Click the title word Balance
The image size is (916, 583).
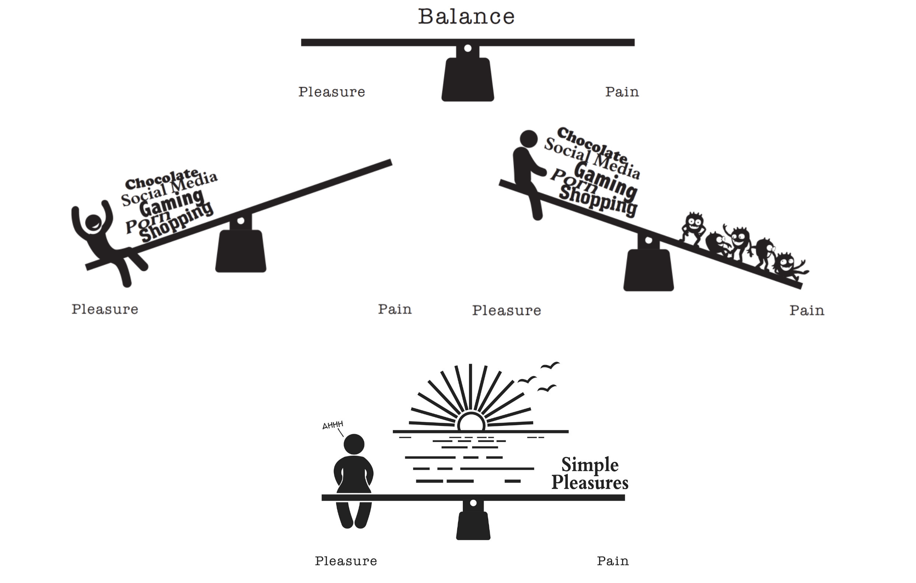point(466,17)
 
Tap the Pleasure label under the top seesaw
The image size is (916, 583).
point(331,92)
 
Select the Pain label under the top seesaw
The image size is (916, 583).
point(622,92)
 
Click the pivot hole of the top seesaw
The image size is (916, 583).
point(468,48)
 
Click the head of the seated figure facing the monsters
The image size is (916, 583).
point(528,139)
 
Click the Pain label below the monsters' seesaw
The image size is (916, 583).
point(806,311)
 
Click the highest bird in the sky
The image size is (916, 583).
point(550,366)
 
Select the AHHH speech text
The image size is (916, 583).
point(332,425)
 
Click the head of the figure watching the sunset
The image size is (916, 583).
point(354,444)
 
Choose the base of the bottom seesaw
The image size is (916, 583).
point(473,526)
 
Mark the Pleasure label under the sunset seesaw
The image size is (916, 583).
point(346,561)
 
